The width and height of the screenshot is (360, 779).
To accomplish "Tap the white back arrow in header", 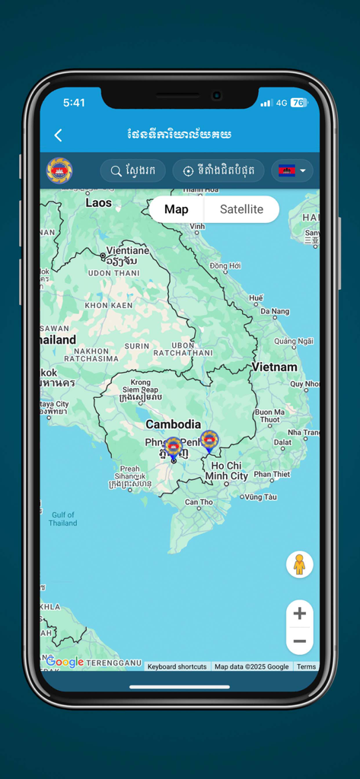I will [58, 135].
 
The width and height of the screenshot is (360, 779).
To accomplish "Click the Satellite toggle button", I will [241, 209].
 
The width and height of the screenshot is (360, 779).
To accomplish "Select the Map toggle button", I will [177, 209].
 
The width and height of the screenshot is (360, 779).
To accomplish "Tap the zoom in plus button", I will [299, 613].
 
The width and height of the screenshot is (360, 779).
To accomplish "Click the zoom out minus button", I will [299, 641].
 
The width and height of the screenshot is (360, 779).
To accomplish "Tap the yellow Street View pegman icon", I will [299, 564].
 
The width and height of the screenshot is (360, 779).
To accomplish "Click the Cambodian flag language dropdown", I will [292, 171].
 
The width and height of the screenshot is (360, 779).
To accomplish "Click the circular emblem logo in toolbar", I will [59, 171].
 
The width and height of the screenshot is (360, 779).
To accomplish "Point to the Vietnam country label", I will [275, 367].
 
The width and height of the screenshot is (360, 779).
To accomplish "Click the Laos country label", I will [98, 202].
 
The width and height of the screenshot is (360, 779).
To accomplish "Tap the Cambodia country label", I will [174, 424].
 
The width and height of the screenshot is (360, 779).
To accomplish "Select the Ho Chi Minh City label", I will [227, 471].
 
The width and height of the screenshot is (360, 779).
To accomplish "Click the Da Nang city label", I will [275, 311].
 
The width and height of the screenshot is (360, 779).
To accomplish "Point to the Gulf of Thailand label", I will [62, 519].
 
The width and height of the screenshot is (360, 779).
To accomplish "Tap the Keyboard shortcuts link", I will [177, 666].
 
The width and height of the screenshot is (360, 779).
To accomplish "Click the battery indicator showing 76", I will [299, 103].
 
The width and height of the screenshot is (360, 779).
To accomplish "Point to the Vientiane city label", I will [128, 250].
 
